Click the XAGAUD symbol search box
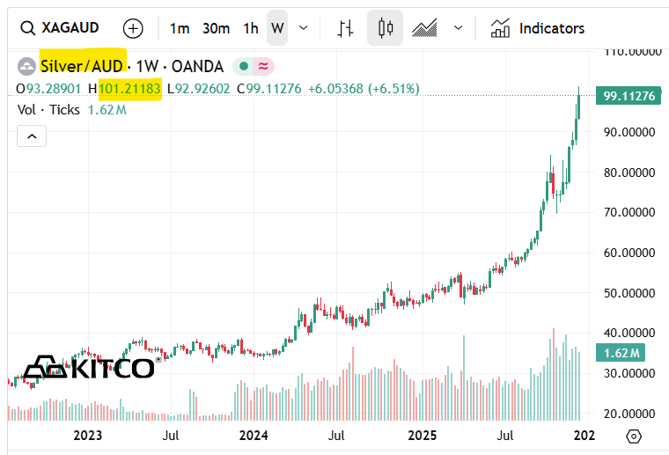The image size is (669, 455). click(x=67, y=28)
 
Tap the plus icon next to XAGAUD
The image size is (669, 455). click(x=133, y=28)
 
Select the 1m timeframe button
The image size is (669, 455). click(x=180, y=28)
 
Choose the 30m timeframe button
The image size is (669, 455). click(x=216, y=28)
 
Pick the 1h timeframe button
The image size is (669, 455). click(x=251, y=28)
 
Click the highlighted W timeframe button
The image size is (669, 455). click(x=277, y=28)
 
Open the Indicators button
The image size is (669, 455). click(x=537, y=28)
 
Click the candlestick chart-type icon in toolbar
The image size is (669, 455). click(x=385, y=28)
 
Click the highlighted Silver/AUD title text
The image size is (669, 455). click(x=83, y=66)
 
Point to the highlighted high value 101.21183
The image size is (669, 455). click(x=129, y=89)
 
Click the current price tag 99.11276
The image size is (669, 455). click(x=629, y=96)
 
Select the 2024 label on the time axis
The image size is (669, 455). click(x=254, y=436)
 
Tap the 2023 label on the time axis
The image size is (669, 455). click(x=88, y=436)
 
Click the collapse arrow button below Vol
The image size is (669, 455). click(x=32, y=136)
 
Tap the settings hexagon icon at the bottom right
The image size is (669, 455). click(x=634, y=436)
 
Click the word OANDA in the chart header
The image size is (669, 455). click(x=197, y=66)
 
